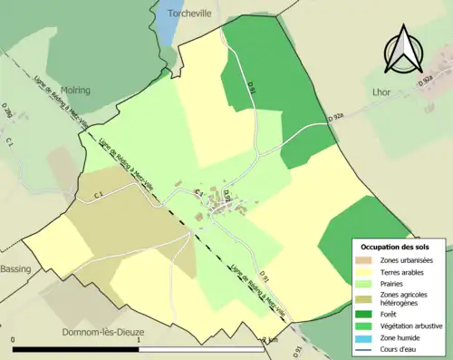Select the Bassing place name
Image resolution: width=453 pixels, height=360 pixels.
click(x=15, y=269)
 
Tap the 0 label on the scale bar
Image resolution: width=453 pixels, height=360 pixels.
click(x=14, y=340)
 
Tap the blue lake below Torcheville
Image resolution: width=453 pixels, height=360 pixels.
click(x=168, y=33)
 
